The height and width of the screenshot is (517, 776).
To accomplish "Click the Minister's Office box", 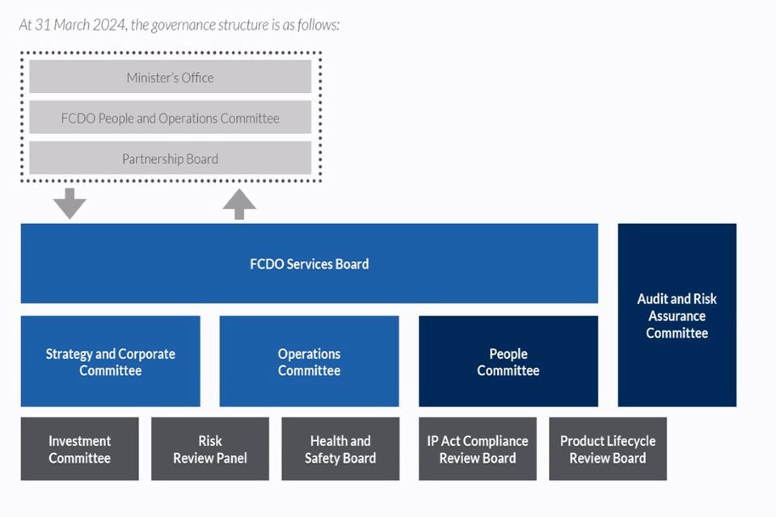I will point(170,78).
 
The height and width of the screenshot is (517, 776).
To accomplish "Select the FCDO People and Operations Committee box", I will point(170,118).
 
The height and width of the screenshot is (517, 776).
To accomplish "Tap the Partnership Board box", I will point(170,158).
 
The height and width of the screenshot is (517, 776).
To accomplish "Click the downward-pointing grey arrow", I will point(70,203).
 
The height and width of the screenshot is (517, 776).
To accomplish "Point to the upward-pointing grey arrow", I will point(239,204).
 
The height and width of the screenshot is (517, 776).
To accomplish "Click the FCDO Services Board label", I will point(309,264).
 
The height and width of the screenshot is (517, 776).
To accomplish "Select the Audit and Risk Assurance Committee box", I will point(677,315).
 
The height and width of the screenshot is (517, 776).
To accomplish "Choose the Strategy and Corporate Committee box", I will point(110,361).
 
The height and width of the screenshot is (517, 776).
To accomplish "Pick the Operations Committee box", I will point(309,361).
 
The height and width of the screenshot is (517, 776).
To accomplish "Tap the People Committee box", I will point(508,361).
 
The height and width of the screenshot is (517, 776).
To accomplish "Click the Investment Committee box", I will point(79,449).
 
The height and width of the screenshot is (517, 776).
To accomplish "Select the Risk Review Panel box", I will point(209,449).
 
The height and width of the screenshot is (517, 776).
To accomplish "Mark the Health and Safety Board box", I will point(340,449).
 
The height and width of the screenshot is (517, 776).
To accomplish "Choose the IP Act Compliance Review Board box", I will point(477,449).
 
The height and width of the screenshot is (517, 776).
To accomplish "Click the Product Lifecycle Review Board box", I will point(608,449).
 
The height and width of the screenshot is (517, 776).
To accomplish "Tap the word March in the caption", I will point(68,25).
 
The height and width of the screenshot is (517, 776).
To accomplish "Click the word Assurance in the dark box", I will point(677,316).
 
